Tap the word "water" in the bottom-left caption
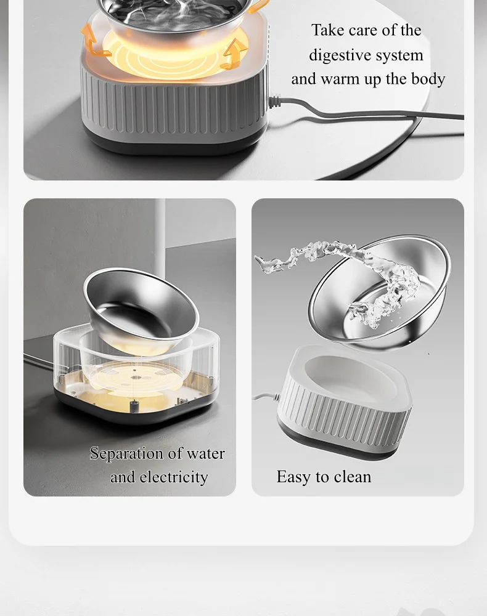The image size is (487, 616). click(x=205, y=454)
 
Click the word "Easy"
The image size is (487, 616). click(x=293, y=477)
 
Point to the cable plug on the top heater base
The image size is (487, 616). click(x=275, y=100)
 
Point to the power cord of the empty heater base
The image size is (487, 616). click(x=266, y=397)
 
